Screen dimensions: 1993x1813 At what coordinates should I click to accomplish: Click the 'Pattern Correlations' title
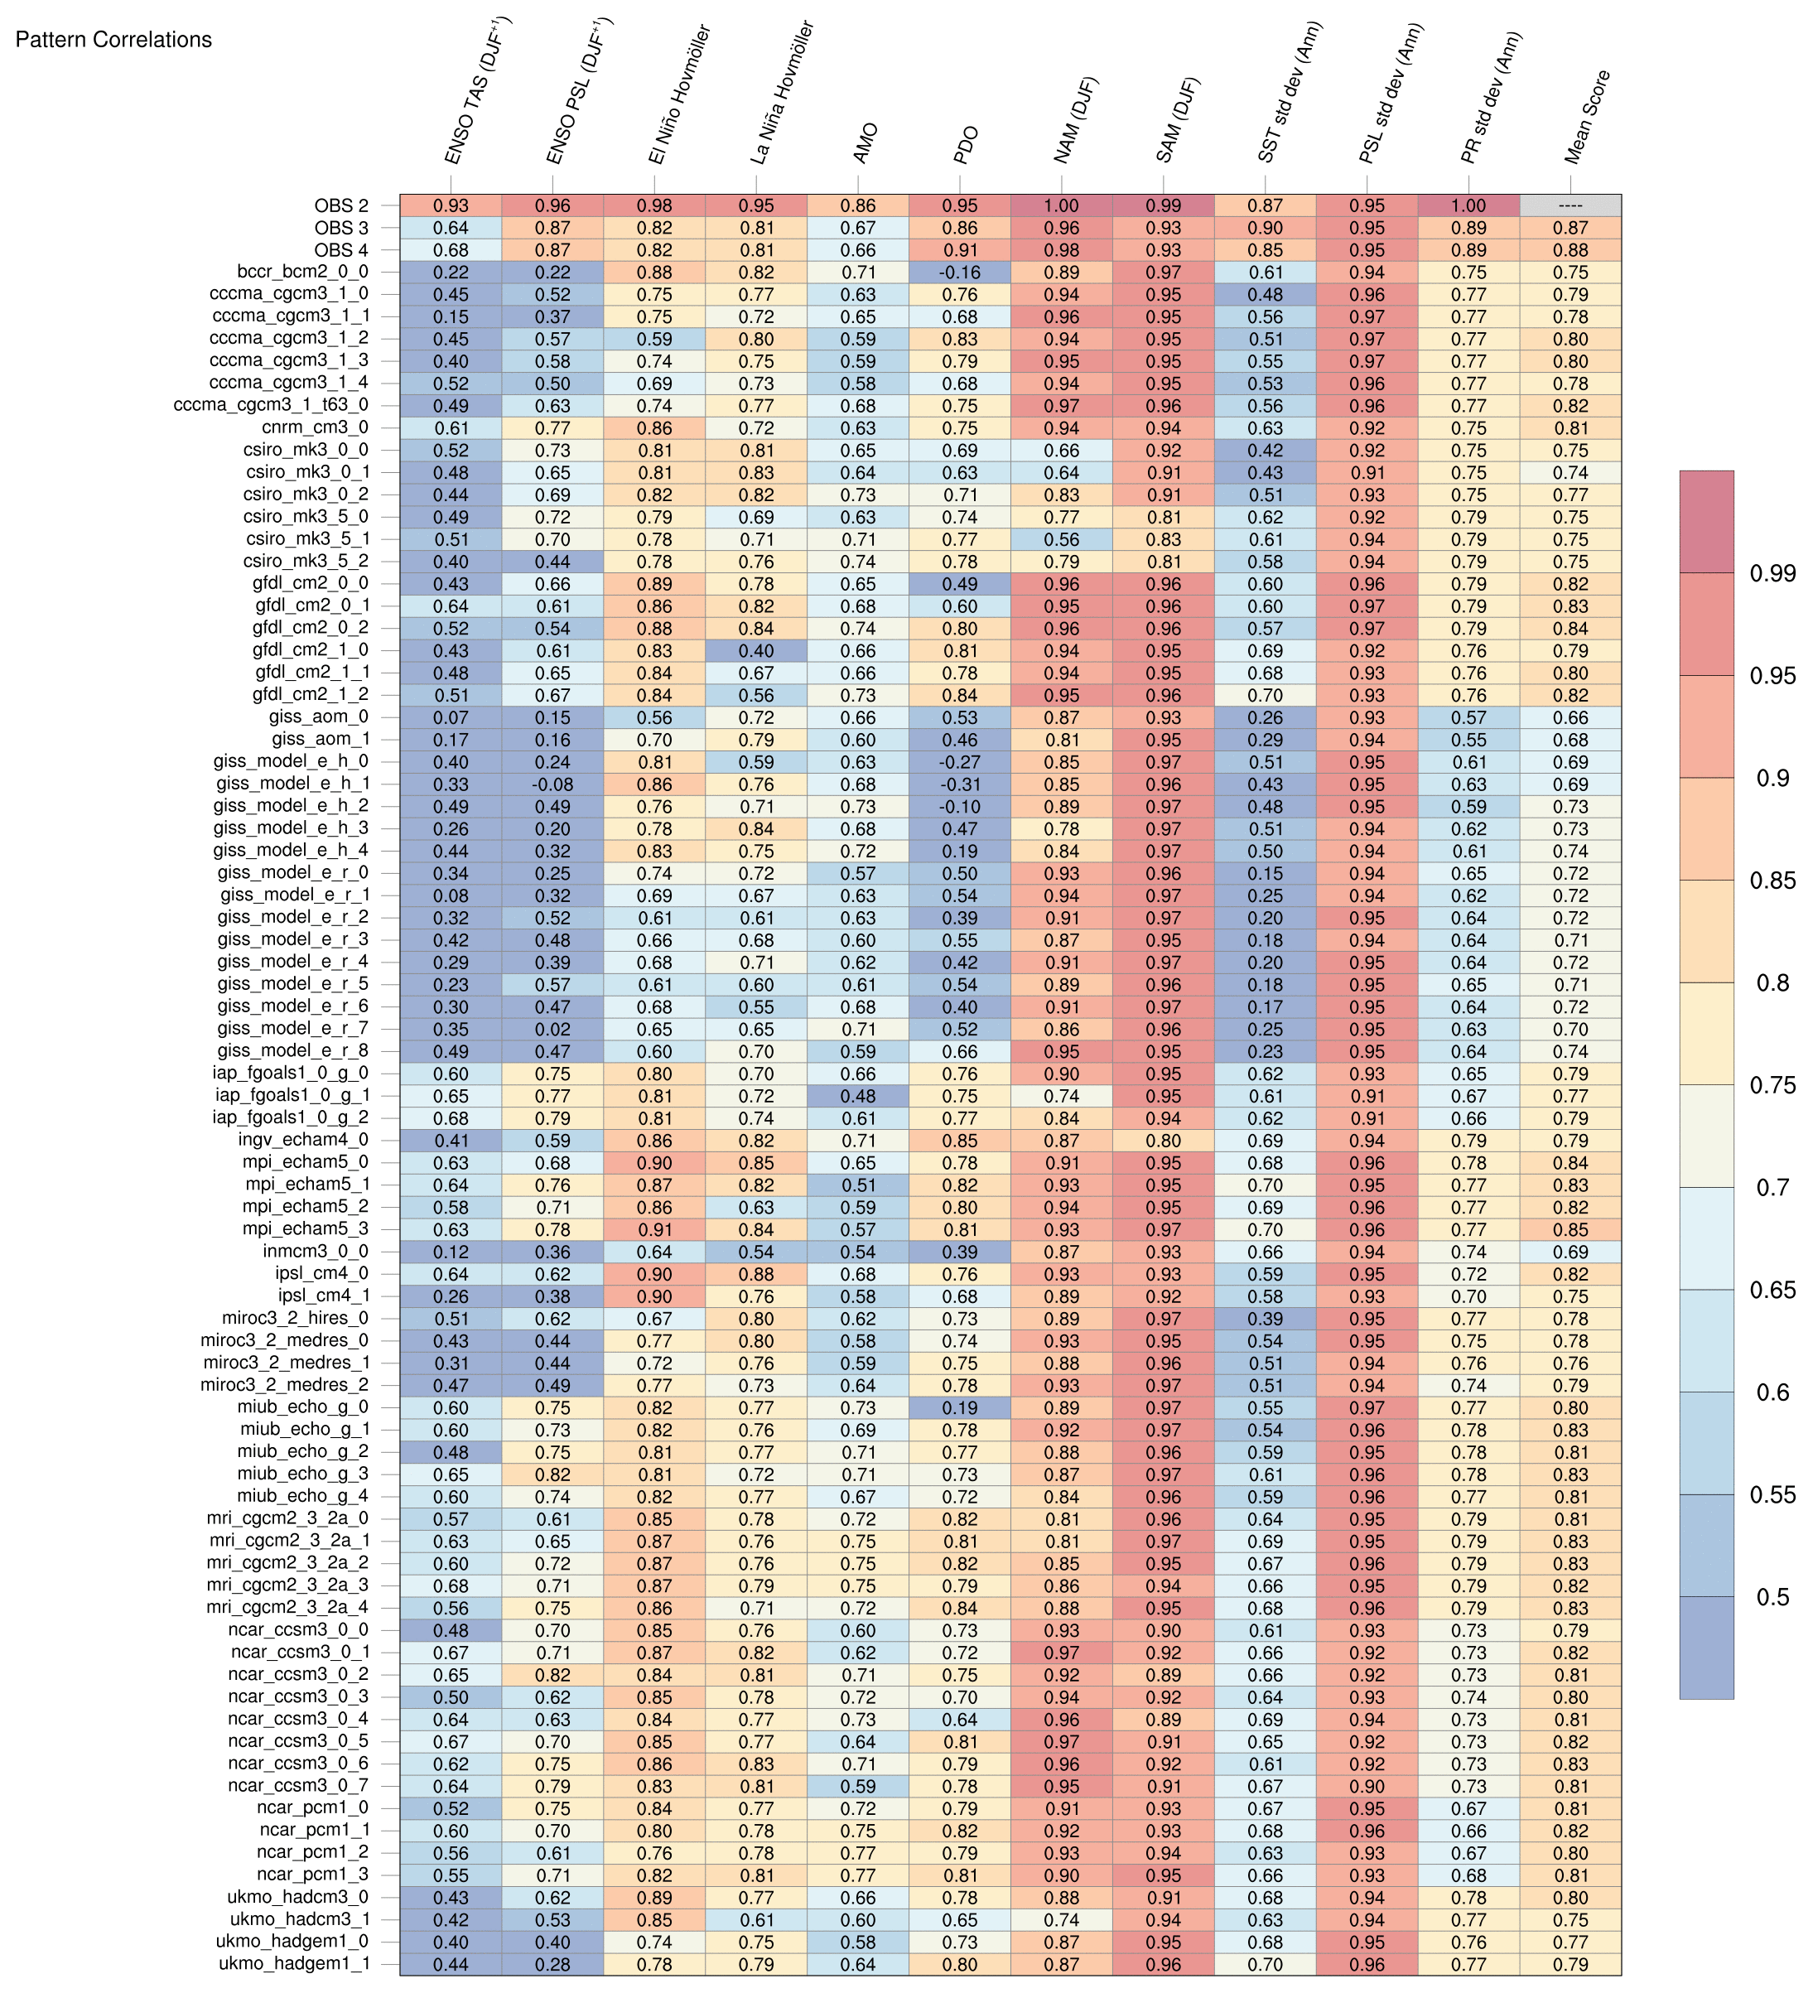pos(113,40)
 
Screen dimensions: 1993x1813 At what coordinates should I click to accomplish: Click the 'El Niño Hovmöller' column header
pos(679,96)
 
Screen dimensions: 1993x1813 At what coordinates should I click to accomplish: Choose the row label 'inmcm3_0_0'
pos(316,1252)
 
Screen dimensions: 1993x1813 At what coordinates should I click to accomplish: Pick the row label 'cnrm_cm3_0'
pos(316,428)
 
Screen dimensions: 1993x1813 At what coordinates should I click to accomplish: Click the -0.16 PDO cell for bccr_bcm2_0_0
pos(959,272)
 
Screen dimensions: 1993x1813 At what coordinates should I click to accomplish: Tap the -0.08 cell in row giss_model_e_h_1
pos(552,784)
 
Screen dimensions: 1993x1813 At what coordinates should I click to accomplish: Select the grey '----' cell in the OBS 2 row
pos(1569,205)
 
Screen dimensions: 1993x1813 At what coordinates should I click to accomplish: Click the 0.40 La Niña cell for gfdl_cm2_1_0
pos(756,650)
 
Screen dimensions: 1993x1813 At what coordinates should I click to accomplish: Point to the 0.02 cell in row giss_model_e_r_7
pos(552,1029)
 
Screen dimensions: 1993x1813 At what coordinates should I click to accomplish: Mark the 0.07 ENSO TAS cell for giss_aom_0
pos(451,717)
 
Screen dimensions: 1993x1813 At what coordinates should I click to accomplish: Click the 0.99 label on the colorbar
pos(1772,573)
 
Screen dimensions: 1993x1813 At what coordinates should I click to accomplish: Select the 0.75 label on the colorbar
pos(1772,1084)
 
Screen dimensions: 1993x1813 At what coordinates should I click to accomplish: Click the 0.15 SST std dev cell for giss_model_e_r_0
pos(1265,873)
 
